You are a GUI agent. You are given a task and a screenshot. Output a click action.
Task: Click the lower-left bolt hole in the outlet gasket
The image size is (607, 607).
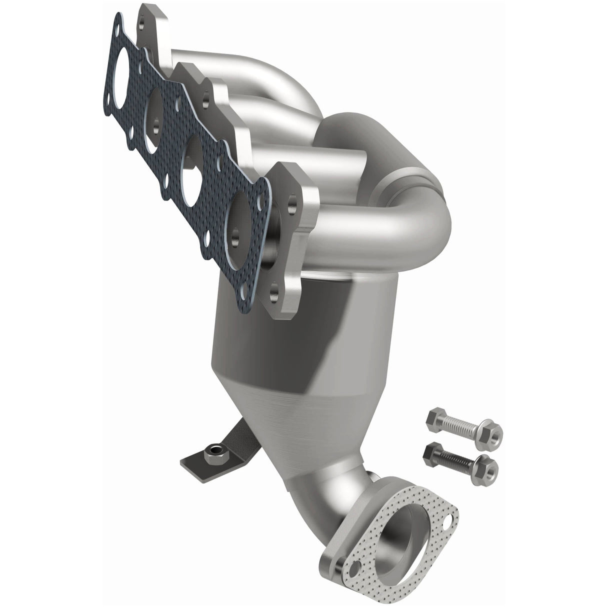click(356, 571)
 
